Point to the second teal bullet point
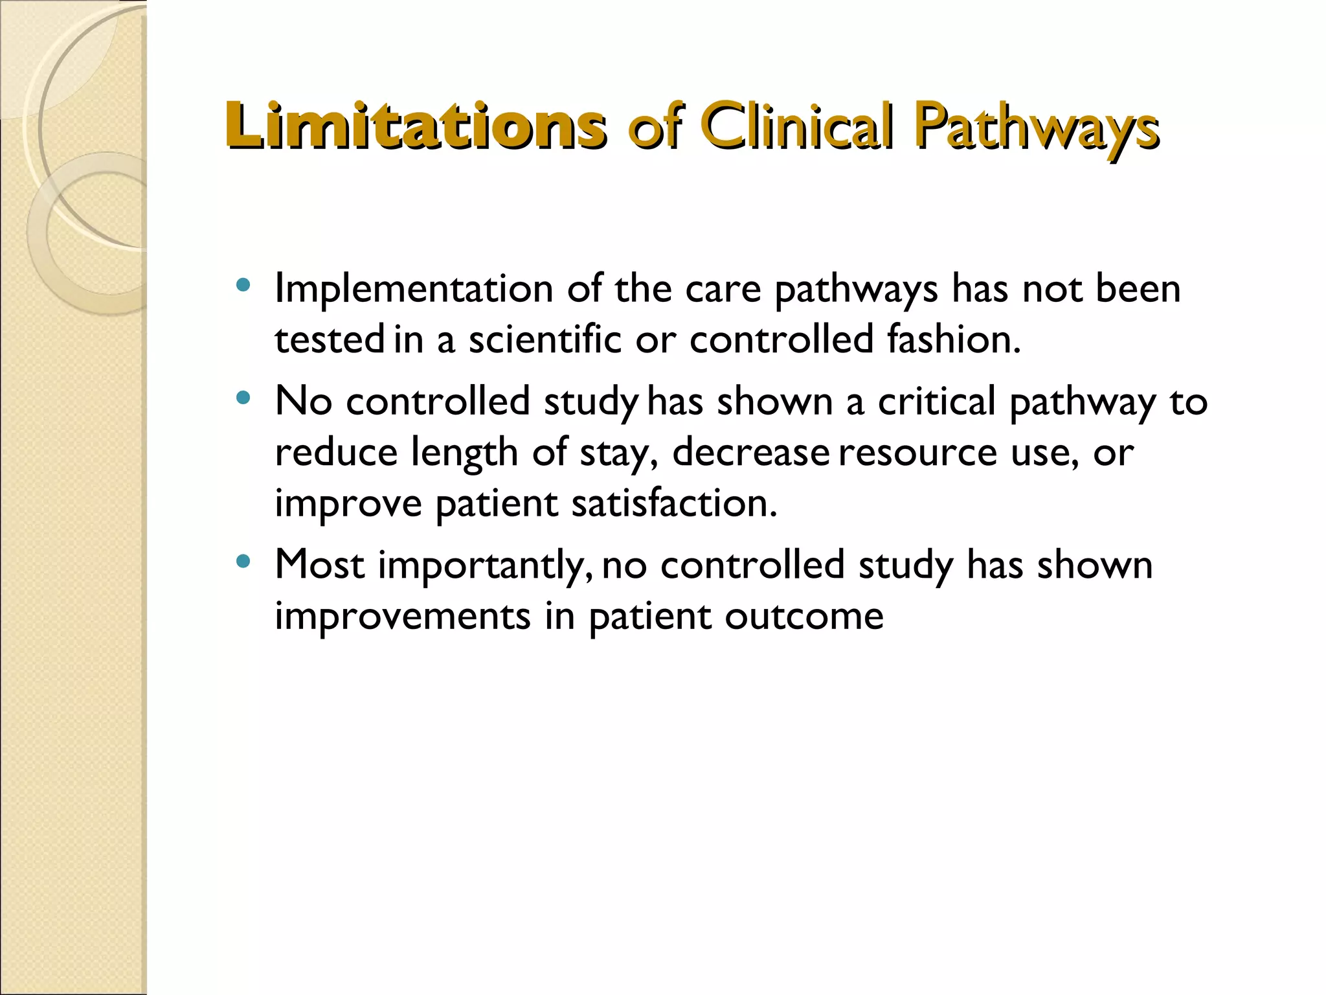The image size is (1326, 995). pos(243,398)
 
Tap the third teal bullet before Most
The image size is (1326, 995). pos(243,561)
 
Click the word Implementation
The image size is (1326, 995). pos(414,289)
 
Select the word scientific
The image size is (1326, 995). pos(545,339)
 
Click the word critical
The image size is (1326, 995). pos(936,401)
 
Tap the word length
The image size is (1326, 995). pos(464,453)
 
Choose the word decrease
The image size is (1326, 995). pos(750,452)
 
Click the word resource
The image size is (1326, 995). pos(917,453)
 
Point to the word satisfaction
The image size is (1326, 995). pos(673,503)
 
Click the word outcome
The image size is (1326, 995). pos(803,616)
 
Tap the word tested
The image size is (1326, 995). pos(330,339)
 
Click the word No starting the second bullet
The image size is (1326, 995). pos(303,401)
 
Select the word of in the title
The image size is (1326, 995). pos(654,127)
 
